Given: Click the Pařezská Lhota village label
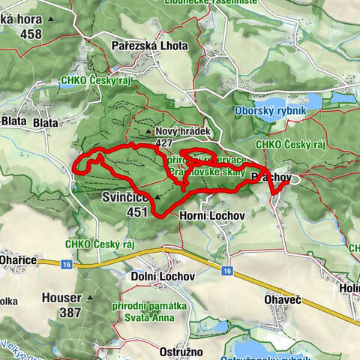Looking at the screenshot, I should click(149, 46).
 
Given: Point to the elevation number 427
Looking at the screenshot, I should click(164, 142).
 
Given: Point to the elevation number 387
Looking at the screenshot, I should click(70, 312).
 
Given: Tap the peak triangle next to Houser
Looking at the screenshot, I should click(90, 298).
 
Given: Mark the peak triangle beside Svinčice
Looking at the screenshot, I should click(157, 199).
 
